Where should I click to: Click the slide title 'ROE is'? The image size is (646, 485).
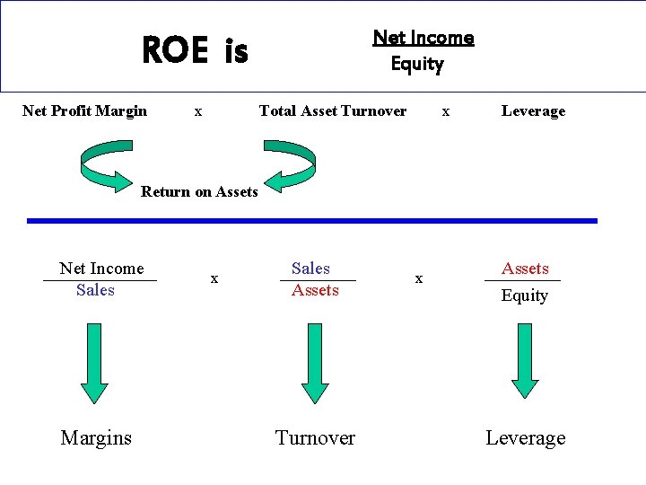pyautogui.click(x=195, y=51)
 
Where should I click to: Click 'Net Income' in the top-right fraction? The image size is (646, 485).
pyautogui.click(x=423, y=38)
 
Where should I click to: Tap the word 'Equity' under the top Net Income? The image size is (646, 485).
pyautogui.click(x=417, y=64)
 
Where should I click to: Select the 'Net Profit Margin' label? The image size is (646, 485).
pyautogui.click(x=84, y=111)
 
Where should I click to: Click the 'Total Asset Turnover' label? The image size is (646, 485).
pyautogui.click(x=332, y=111)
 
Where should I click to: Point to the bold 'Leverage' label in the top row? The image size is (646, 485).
pyautogui.click(x=533, y=111)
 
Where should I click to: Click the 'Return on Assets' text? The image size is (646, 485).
pyautogui.click(x=199, y=191)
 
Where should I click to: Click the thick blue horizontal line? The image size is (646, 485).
pyautogui.click(x=311, y=220)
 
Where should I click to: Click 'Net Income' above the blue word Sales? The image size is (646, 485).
pyautogui.click(x=101, y=269)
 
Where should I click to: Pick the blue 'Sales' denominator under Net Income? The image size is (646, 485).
pyautogui.click(x=95, y=290)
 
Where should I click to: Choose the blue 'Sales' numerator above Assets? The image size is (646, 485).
pyautogui.click(x=310, y=269)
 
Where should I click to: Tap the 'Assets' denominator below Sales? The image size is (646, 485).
pyautogui.click(x=315, y=290)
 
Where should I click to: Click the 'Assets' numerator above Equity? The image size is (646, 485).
pyautogui.click(x=525, y=269)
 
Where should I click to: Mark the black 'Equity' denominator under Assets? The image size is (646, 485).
pyautogui.click(x=524, y=295)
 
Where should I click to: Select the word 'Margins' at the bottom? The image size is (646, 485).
pyautogui.click(x=96, y=438)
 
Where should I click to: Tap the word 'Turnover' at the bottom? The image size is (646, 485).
pyautogui.click(x=315, y=438)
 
